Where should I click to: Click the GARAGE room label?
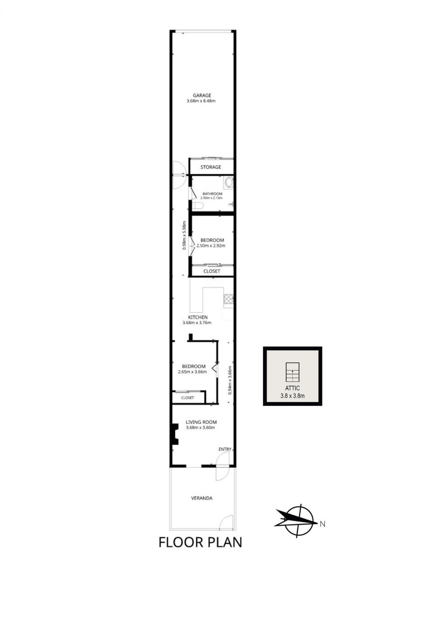tap(202, 95)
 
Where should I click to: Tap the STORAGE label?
tap(211, 167)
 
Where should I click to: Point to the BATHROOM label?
tap(212, 194)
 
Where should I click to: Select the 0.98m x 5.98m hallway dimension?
tap(185, 236)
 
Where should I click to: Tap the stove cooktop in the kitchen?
tap(228, 299)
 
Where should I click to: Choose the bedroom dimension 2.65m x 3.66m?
tap(192, 372)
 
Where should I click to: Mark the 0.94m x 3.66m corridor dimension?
tap(230, 381)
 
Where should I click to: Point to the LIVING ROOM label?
tap(201, 422)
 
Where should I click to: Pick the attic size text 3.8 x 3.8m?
tap(292, 396)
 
